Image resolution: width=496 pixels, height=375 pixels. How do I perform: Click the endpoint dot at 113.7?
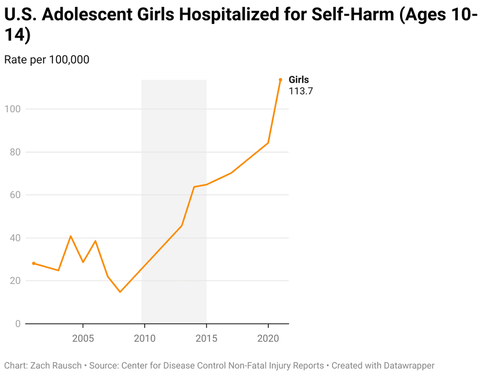280,80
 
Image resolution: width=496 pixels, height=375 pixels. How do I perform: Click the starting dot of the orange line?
34,263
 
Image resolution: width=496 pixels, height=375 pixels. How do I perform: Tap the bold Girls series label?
299,80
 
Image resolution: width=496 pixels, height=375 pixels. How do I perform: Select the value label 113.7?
300,91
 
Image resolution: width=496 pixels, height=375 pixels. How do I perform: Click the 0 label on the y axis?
18,324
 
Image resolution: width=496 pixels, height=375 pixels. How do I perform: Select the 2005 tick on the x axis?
83,339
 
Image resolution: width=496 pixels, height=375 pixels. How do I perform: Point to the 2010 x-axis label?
145,339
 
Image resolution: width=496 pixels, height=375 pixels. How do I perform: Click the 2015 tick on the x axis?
207,339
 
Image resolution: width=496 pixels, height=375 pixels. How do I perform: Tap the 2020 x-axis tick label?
268,339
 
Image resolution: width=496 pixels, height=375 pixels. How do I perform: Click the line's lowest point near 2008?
120,292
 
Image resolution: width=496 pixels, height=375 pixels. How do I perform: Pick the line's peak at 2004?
70,236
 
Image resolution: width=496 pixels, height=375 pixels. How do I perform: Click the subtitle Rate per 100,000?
46,60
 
